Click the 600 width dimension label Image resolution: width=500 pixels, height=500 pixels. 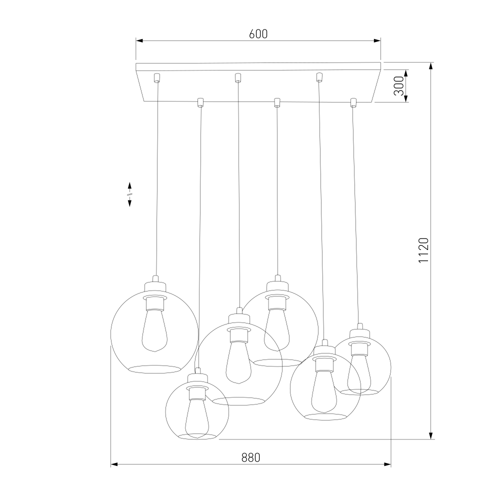pyautogui.click(x=258, y=34)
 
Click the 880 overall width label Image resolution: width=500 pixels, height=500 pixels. pyautogui.click(x=250, y=457)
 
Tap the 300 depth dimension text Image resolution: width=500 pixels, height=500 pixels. pyautogui.click(x=398, y=86)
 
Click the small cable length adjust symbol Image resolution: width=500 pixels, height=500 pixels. pyautogui.click(x=130, y=194)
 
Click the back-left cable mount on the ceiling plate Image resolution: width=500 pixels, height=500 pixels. pyautogui.click(x=156, y=78)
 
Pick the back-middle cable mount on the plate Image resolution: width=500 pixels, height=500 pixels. pyautogui.click(x=237, y=77)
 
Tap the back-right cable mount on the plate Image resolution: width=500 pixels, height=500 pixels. pyautogui.click(x=319, y=77)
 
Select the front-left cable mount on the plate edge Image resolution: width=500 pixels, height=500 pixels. pyautogui.click(x=200, y=102)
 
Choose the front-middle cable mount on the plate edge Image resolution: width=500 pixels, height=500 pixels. pyautogui.click(x=277, y=102)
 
